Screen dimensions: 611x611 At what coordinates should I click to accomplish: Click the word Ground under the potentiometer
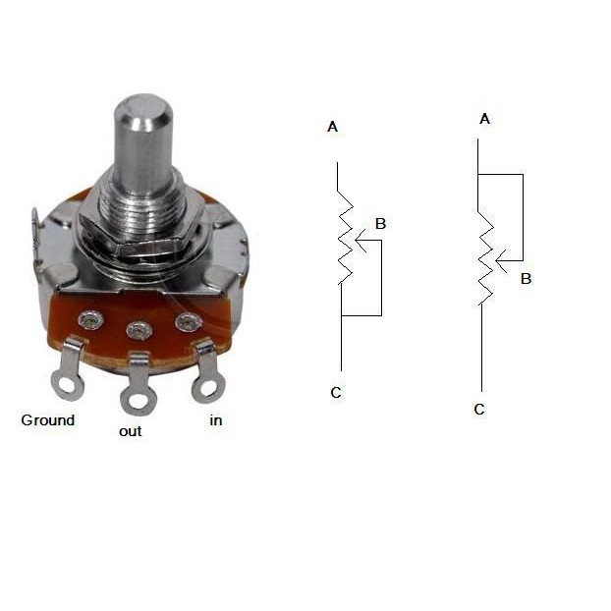tap(48, 420)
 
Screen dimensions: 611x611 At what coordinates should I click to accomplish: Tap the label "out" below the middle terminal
tap(130, 432)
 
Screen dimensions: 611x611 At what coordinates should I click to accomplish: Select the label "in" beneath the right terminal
tap(216, 420)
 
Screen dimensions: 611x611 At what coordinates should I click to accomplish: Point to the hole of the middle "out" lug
tap(139, 402)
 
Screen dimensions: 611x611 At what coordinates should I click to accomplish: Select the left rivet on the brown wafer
tap(90, 320)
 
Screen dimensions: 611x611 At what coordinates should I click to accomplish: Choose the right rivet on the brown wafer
tap(189, 322)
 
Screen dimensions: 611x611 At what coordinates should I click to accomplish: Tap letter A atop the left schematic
tap(332, 127)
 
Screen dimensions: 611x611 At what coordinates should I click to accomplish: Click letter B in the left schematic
tap(380, 224)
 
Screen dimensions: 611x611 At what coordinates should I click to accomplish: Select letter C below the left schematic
tap(336, 392)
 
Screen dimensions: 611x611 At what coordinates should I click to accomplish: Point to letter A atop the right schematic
tap(484, 119)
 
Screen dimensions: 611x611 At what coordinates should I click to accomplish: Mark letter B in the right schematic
tap(527, 279)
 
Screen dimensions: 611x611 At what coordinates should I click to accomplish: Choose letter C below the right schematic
tap(479, 410)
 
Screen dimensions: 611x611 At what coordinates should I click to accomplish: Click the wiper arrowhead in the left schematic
tap(361, 240)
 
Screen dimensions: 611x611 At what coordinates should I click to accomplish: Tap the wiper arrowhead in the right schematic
tap(501, 260)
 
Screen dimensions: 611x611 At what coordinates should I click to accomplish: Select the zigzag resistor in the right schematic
tap(485, 257)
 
